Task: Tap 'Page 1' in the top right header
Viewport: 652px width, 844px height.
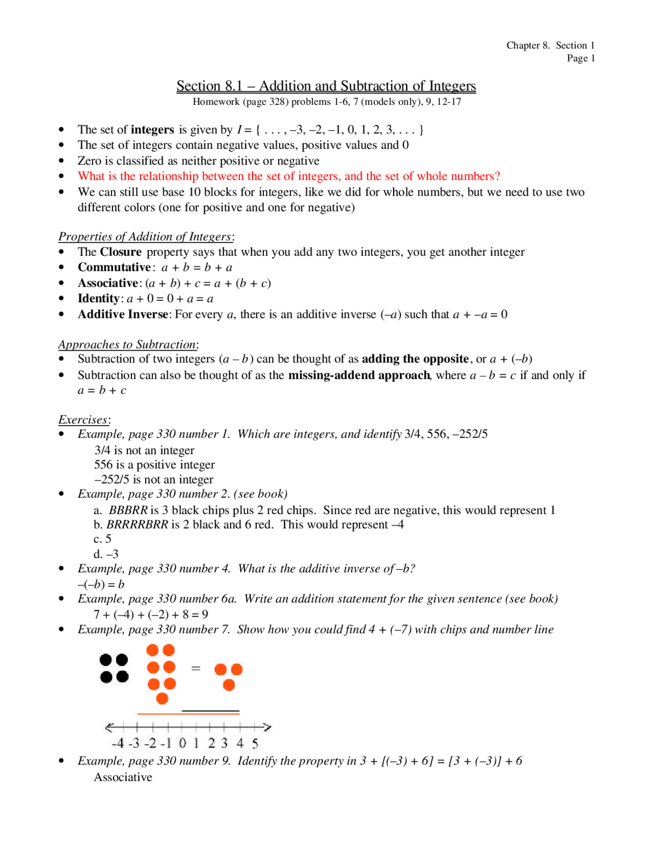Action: [x=581, y=58]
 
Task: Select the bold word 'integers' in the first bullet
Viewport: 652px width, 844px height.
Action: [x=152, y=129]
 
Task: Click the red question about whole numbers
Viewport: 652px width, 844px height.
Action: [x=289, y=176]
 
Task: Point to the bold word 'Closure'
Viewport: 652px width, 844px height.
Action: [x=121, y=252]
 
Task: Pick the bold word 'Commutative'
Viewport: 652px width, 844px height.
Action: [x=114, y=268]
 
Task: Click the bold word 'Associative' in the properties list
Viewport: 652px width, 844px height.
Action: [x=108, y=283]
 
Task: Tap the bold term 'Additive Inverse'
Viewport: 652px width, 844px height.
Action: [x=123, y=314]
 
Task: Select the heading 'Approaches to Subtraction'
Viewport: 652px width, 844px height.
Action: [x=127, y=345]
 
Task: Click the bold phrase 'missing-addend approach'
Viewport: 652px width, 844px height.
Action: [x=359, y=376]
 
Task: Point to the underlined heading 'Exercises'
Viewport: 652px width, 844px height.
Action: [x=83, y=420]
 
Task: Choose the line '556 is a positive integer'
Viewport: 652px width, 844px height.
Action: [x=154, y=465]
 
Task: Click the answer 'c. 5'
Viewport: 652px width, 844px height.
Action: [x=102, y=539]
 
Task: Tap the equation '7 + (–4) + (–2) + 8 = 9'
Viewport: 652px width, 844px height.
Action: [x=151, y=615]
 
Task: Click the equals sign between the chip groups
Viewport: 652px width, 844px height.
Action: [x=196, y=668]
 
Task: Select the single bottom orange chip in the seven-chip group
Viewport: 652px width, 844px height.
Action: [x=162, y=699]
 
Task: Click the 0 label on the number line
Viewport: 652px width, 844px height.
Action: [x=182, y=743]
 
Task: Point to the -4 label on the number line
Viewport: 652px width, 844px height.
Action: [x=117, y=743]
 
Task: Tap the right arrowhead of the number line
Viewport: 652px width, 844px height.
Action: [x=267, y=727]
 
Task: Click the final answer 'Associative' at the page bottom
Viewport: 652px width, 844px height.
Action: [x=123, y=777]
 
